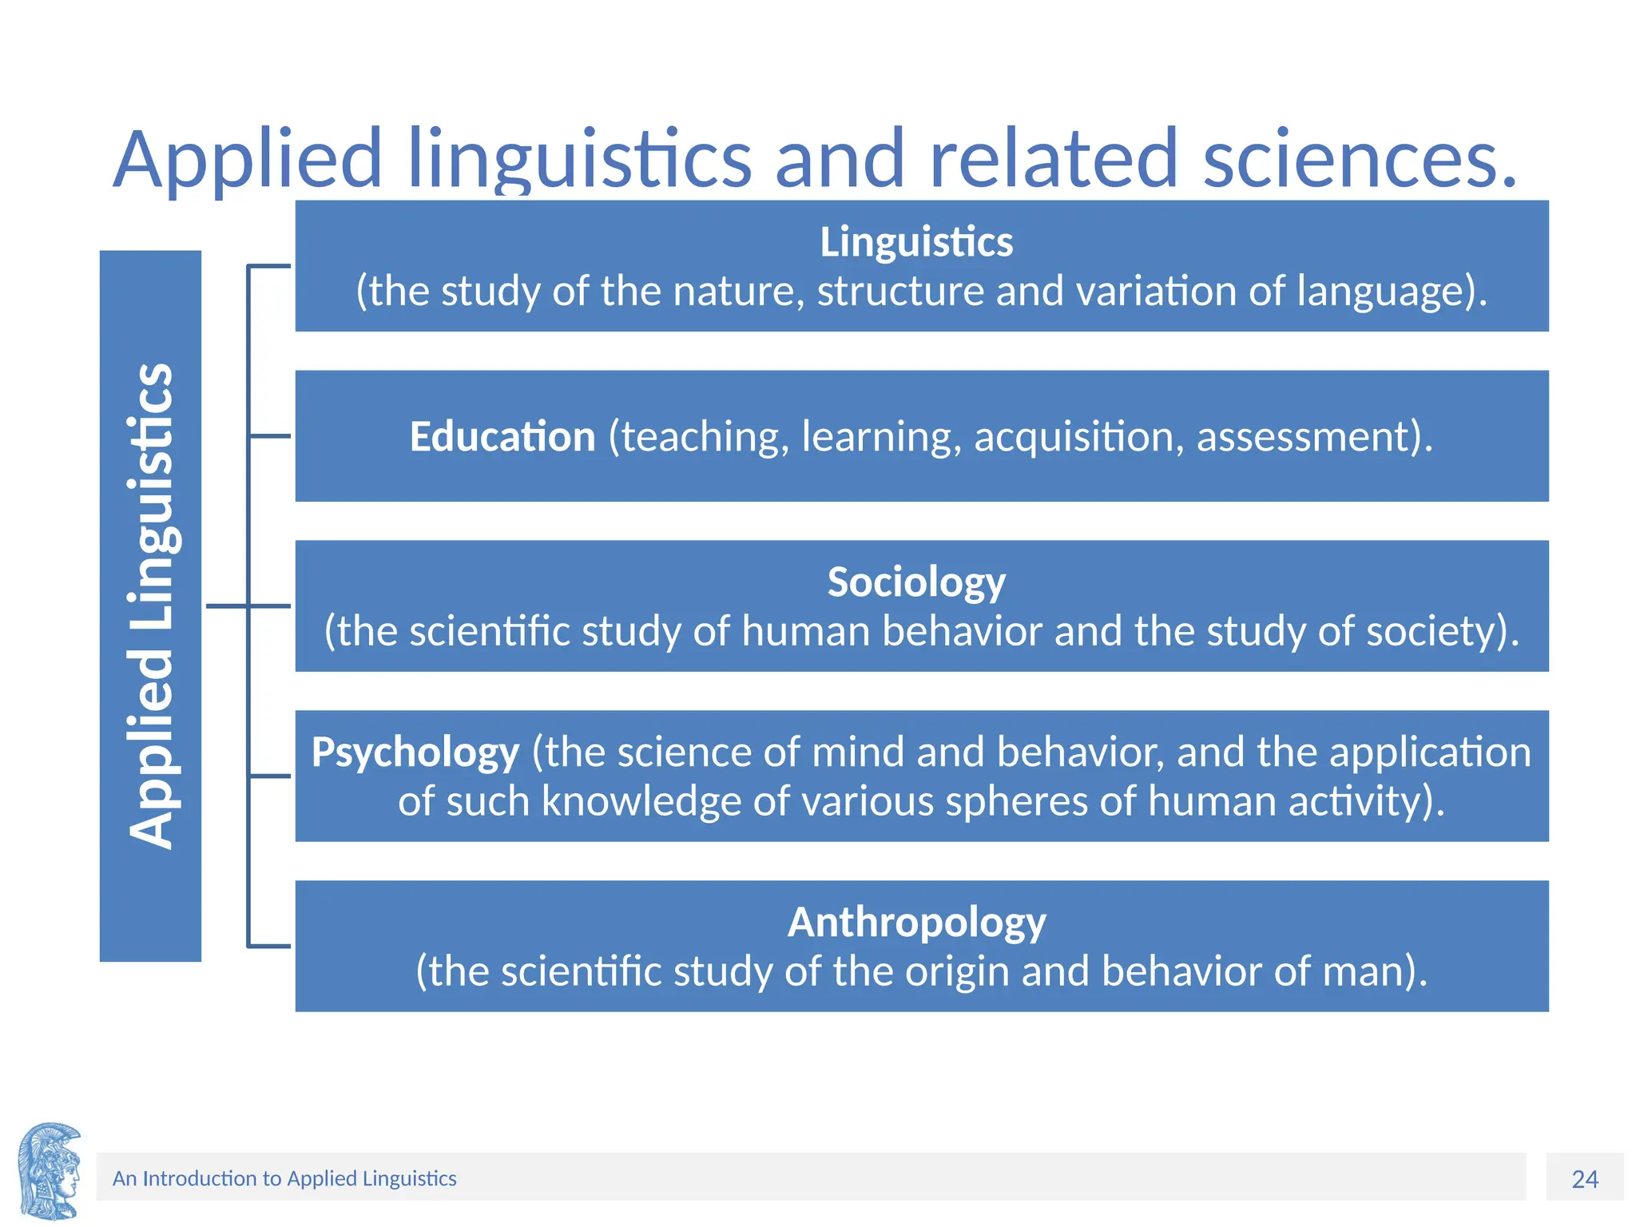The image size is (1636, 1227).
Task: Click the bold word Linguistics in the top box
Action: tap(916, 242)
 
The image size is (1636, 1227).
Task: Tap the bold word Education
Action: tap(502, 437)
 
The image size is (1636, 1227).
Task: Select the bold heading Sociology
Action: tap(916, 582)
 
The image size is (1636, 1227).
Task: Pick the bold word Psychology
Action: tap(415, 752)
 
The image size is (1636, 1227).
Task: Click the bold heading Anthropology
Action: tap(916, 923)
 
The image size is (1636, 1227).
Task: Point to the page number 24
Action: tap(1585, 1179)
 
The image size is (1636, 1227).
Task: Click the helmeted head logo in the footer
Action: tap(50, 1172)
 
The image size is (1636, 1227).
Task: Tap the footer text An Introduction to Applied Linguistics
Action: tap(284, 1179)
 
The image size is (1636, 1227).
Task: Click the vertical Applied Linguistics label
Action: tap(150, 606)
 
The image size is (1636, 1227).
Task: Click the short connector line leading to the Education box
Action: tap(269, 436)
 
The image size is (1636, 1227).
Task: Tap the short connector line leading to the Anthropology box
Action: tap(269, 947)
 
